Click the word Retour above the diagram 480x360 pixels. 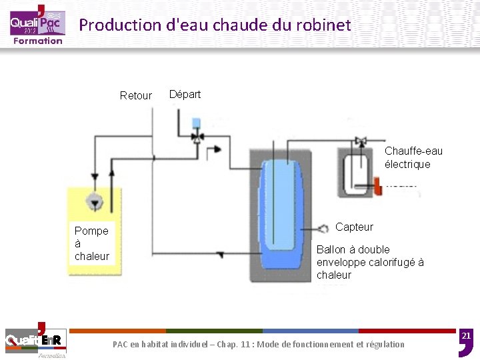[135, 95]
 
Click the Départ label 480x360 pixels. [185, 94]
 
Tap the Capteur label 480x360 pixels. [354, 227]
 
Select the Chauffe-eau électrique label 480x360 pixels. [413, 158]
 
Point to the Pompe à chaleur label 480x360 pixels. [92, 243]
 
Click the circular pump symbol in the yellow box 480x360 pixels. [95, 201]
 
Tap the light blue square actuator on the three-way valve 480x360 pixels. [197, 123]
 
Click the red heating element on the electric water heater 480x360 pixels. [377, 185]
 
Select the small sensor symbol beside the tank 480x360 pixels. [323, 228]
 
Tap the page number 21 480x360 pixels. [467, 335]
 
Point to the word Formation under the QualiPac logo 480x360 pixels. [38, 41]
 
